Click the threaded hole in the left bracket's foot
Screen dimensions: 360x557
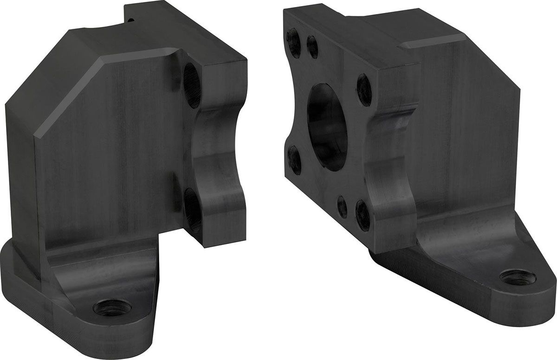tap(112, 307)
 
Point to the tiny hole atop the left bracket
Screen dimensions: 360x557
tap(132, 19)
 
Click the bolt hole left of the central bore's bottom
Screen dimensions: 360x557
tap(294, 160)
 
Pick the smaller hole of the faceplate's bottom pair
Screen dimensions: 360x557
tap(342, 206)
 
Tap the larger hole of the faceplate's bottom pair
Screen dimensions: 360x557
tap(363, 215)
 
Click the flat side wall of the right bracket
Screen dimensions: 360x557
tap(464, 130)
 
